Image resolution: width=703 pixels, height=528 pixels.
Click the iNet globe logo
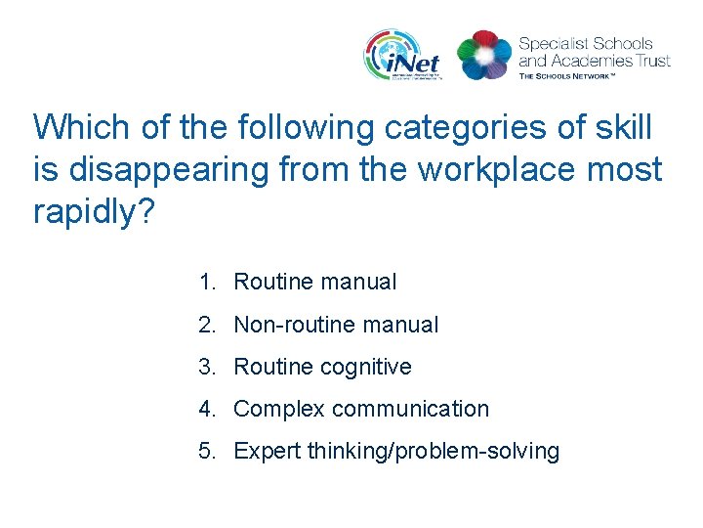(401, 54)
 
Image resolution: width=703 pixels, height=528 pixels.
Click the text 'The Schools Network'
(567, 74)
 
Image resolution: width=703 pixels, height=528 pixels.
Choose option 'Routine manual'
(314, 283)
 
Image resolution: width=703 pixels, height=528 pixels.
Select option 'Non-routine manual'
(336, 325)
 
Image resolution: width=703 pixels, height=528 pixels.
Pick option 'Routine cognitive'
(322, 367)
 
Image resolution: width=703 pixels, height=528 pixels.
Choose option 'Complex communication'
(361, 409)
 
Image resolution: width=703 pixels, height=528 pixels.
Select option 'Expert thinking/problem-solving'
(396, 452)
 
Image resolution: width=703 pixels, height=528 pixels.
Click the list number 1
(205, 283)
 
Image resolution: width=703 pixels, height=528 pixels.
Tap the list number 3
(205, 367)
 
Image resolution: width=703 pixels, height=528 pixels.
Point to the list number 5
(205, 452)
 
